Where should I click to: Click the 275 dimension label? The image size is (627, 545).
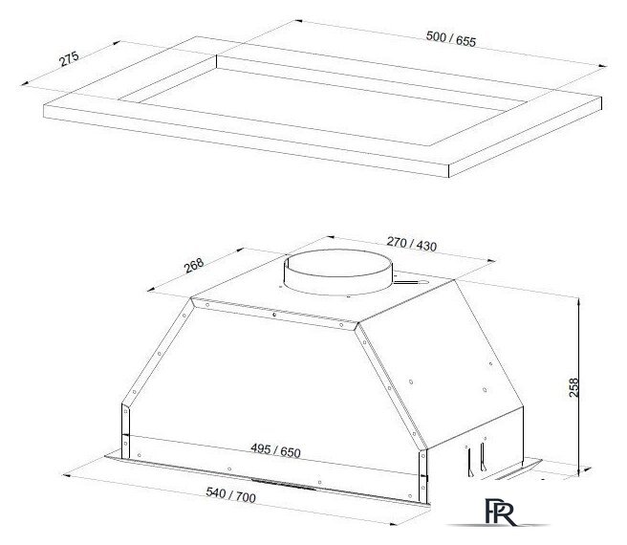[x=69, y=59]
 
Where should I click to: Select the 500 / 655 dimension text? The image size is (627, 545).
[x=451, y=39]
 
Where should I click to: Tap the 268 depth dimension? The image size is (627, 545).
[x=194, y=265]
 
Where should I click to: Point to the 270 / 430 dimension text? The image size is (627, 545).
[x=411, y=244]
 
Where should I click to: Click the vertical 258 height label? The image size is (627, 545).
[x=573, y=387]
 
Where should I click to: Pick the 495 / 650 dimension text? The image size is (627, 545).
[x=275, y=450]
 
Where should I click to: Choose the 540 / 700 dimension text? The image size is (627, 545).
[x=230, y=494]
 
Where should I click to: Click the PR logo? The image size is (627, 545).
[x=500, y=512]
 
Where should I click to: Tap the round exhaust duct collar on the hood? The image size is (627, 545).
[x=338, y=272]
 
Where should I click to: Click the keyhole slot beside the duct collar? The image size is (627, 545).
[x=411, y=282]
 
